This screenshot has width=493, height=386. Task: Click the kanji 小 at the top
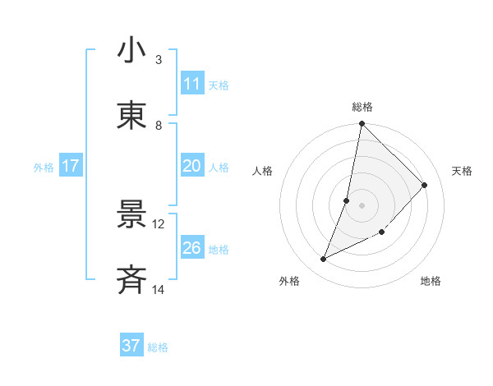pyautogui.click(x=131, y=51)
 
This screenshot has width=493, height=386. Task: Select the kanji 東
pyautogui.click(x=131, y=116)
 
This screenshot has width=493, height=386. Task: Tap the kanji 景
pyautogui.click(x=131, y=215)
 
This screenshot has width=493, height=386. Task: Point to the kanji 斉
pyautogui.click(x=131, y=280)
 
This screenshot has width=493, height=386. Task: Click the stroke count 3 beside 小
pyautogui.click(x=159, y=59)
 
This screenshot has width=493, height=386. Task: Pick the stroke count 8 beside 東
pyautogui.click(x=159, y=125)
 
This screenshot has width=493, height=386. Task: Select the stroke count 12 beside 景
pyautogui.click(x=159, y=223)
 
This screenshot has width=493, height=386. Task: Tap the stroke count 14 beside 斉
pyautogui.click(x=159, y=289)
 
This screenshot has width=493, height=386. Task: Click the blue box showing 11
pyautogui.click(x=192, y=84)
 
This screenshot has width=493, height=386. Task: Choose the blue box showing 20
pyautogui.click(x=192, y=166)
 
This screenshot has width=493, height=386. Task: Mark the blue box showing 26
pyautogui.click(x=192, y=248)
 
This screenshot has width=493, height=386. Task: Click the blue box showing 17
pyautogui.click(x=71, y=166)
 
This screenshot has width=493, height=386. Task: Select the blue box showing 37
pyautogui.click(x=131, y=346)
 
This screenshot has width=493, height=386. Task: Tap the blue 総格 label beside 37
pyautogui.click(x=158, y=347)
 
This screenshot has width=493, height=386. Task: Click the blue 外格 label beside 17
pyautogui.click(x=44, y=168)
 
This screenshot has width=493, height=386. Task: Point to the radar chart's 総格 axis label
pyautogui.click(x=362, y=107)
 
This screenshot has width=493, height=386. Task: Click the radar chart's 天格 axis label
pyautogui.click(x=462, y=171)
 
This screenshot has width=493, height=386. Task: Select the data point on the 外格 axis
pyautogui.click(x=324, y=260)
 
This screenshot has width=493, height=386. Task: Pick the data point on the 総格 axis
pyautogui.click(x=362, y=124)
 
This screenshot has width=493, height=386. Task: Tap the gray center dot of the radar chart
pyautogui.click(x=362, y=205)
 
